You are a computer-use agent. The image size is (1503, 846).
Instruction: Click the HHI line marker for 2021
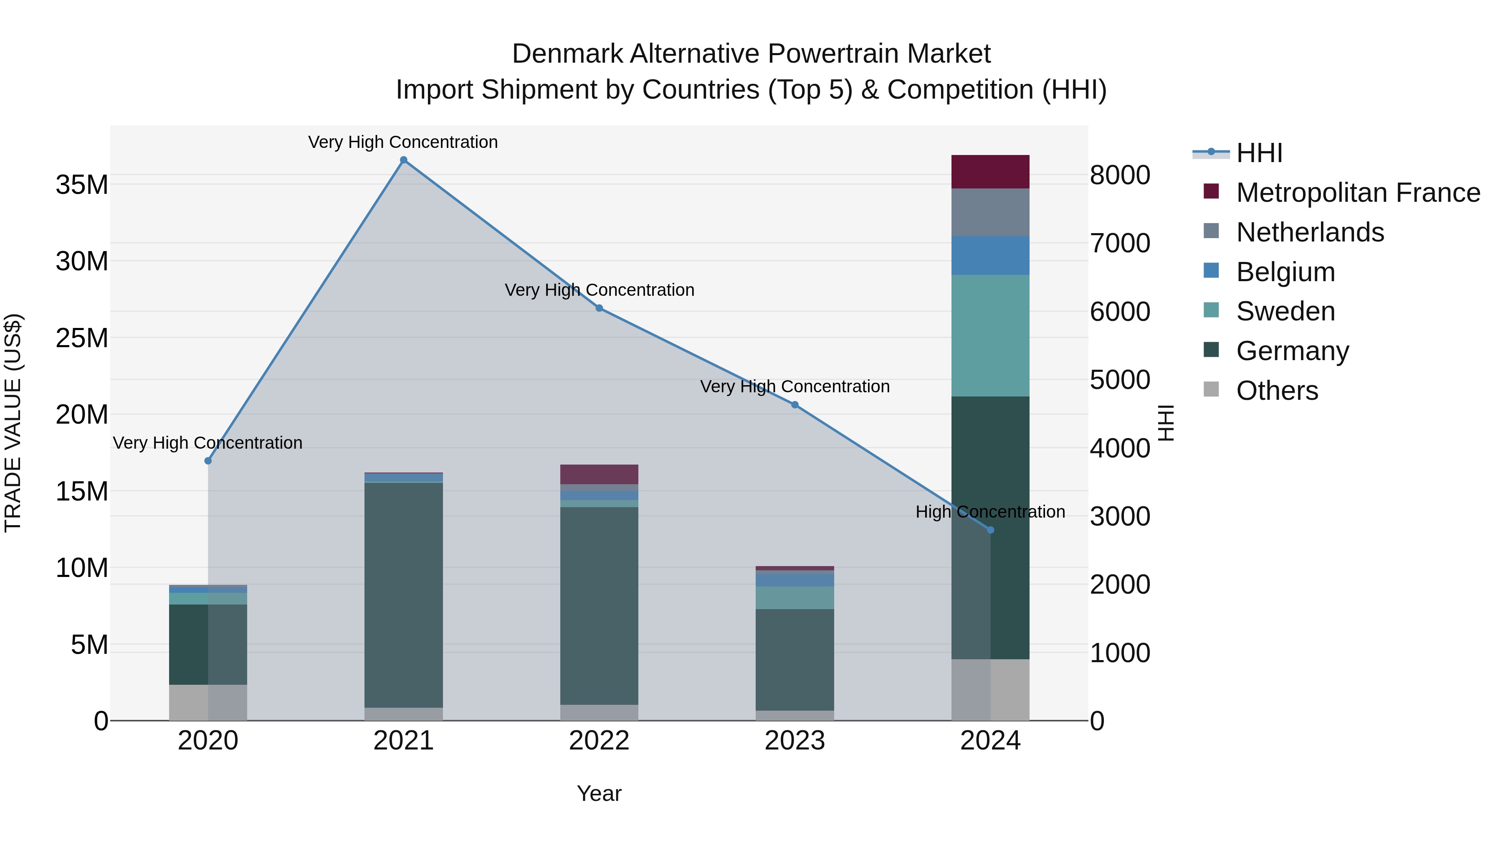point(403,160)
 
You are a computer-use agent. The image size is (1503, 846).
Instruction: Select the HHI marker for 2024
point(990,530)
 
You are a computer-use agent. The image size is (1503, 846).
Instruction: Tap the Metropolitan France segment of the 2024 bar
point(990,172)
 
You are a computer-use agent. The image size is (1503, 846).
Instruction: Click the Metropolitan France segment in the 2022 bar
point(599,474)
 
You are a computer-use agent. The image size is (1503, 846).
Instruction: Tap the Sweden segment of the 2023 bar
point(794,598)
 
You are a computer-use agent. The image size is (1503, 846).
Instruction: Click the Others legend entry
point(1277,391)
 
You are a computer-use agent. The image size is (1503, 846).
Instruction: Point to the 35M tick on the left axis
point(82,185)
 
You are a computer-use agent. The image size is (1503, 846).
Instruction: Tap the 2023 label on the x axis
point(794,741)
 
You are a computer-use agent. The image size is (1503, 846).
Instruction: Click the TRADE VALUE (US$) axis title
point(13,423)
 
